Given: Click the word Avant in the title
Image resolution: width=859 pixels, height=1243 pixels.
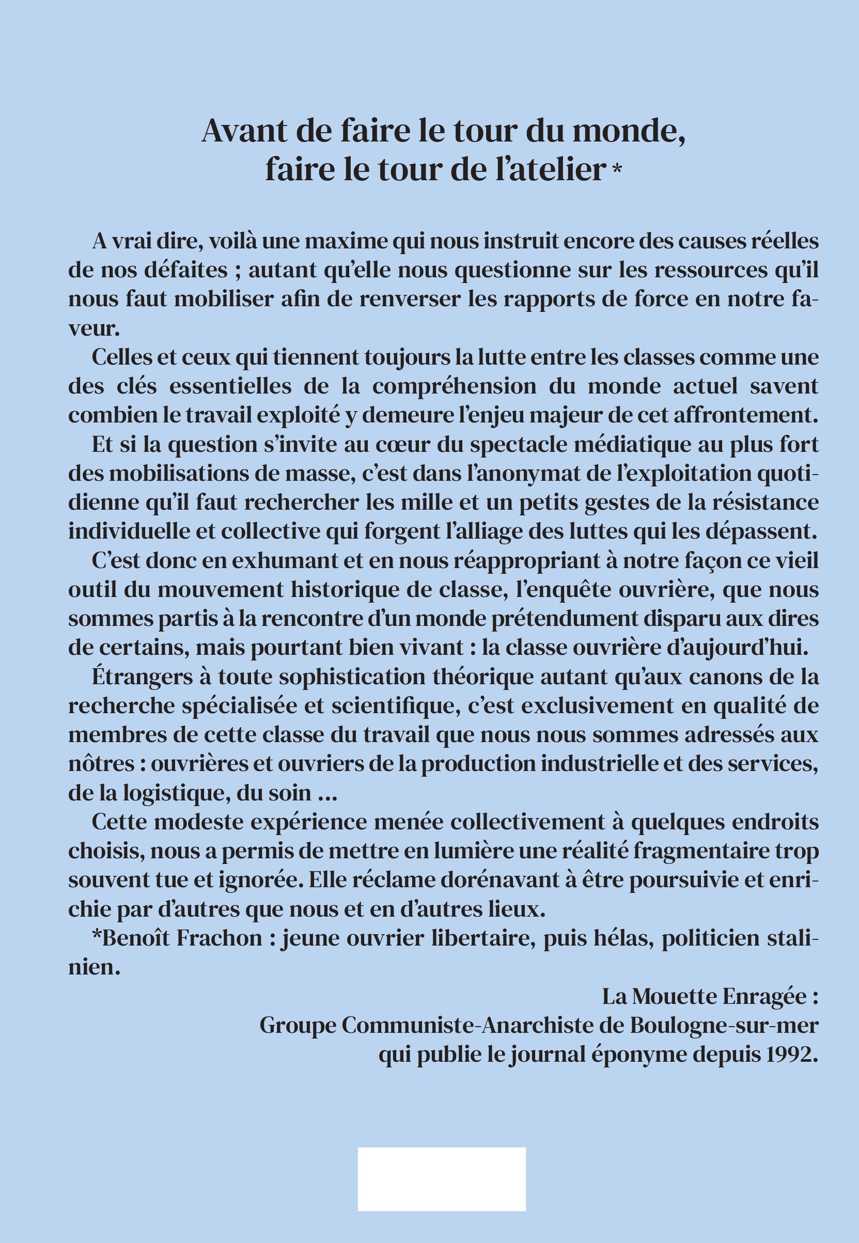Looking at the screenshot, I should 243,131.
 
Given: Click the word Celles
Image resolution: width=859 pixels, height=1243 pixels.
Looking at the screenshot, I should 123,357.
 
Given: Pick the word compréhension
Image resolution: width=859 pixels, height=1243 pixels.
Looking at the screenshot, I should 454,386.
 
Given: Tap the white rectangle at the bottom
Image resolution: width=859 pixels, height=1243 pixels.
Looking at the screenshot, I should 441,1179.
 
